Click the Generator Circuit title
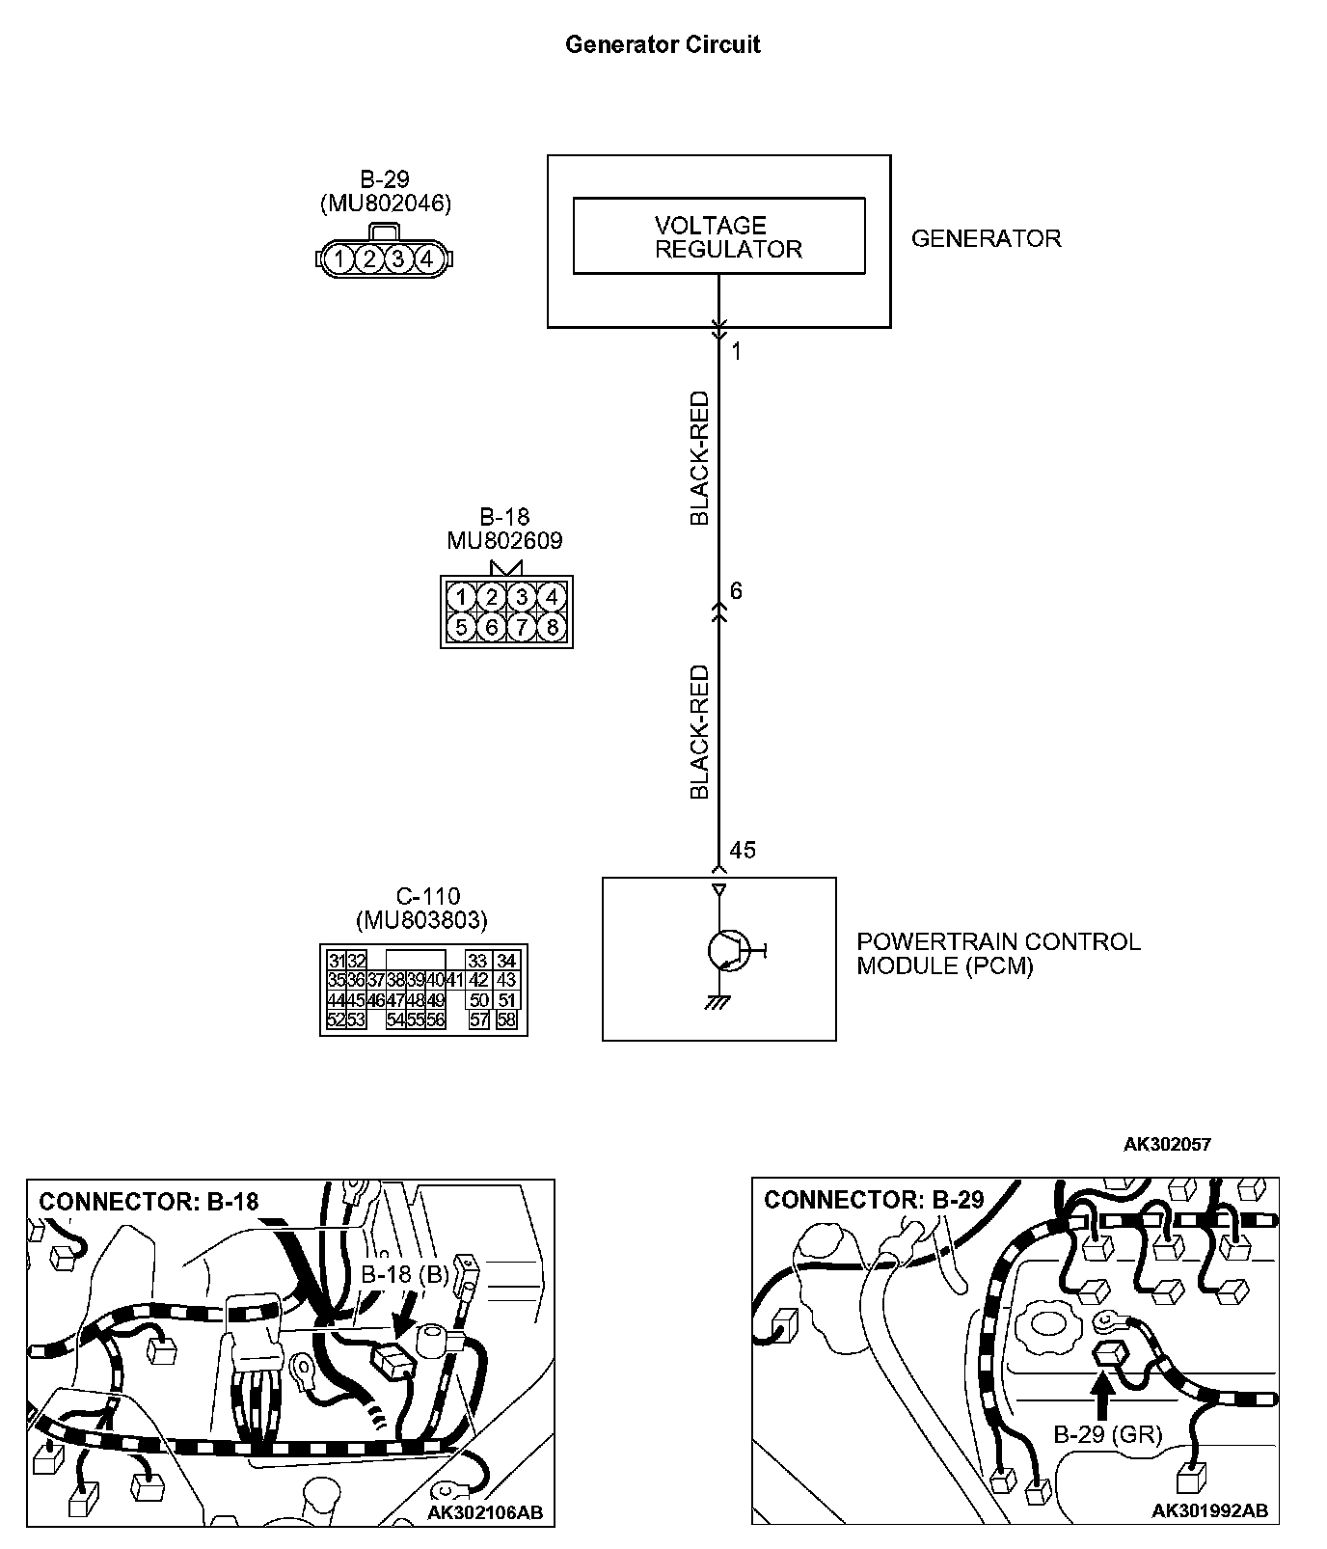click(663, 45)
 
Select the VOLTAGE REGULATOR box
click(718, 237)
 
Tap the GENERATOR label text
click(986, 239)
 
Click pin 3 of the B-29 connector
click(398, 258)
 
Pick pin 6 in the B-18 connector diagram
click(492, 628)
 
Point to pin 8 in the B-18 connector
click(552, 628)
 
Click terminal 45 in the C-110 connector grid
click(356, 1000)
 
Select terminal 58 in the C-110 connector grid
click(506, 1019)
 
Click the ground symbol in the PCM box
click(718, 1004)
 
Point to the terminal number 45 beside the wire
click(743, 851)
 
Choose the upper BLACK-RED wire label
click(699, 458)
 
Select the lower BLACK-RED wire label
click(699, 732)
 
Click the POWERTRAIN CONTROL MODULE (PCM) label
click(998, 954)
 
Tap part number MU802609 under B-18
click(504, 541)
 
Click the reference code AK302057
click(1167, 1145)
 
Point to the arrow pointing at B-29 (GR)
click(1102, 1393)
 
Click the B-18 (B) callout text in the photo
click(405, 1274)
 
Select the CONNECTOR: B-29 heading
click(874, 1200)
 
